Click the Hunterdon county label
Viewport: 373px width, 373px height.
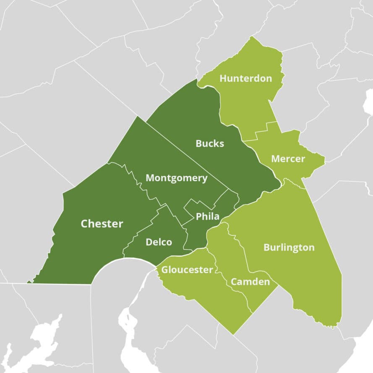[x=245, y=78]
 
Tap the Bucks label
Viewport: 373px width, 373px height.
[x=210, y=143]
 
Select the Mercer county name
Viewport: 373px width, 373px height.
[x=287, y=159]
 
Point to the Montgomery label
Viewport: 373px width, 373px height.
[x=176, y=178]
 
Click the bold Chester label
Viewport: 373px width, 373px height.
[x=102, y=224]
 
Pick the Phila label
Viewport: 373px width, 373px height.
[x=208, y=216]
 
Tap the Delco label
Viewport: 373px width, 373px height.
[x=159, y=242]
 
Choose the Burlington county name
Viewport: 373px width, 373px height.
[x=289, y=248]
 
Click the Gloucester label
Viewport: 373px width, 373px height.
[x=187, y=270]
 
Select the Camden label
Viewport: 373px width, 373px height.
[x=250, y=282]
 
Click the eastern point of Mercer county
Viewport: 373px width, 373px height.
[x=325, y=159]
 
